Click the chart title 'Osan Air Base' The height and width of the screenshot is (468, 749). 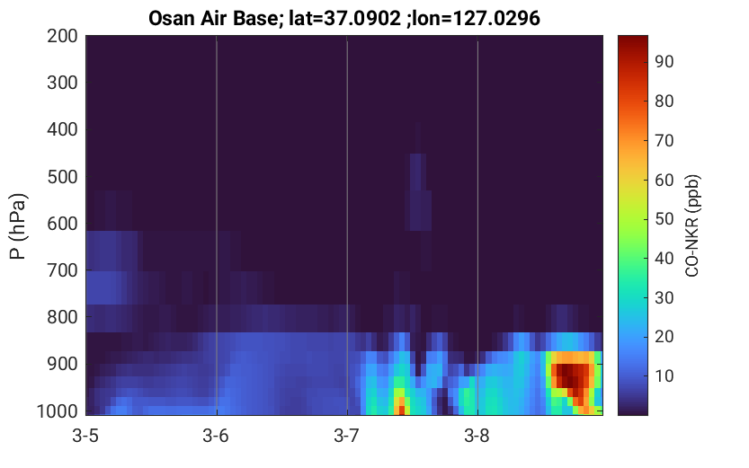pos(212,19)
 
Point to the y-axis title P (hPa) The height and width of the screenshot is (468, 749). pos(18,226)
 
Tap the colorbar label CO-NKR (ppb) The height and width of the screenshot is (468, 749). pos(692,225)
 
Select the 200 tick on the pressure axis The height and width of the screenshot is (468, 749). pos(62,36)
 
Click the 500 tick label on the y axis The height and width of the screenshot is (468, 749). pos(62,177)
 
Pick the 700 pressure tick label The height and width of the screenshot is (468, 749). pos(62,270)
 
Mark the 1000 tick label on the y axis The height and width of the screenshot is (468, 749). pos(58,411)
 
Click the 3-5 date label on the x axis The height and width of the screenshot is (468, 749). pos(85,436)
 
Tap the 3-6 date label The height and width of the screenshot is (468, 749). pos(216,436)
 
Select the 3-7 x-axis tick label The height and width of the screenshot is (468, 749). pos(347,436)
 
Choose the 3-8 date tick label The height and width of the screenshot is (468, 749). pos(477,436)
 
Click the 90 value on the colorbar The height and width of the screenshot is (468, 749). pos(664,62)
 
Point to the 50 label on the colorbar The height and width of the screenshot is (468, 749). pos(664,219)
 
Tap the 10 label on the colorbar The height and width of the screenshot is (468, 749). pos(664,375)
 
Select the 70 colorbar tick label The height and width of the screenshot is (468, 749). pos(664,140)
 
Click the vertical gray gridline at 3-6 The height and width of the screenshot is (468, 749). pos(217,225)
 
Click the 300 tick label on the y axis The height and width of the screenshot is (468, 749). pos(62,83)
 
